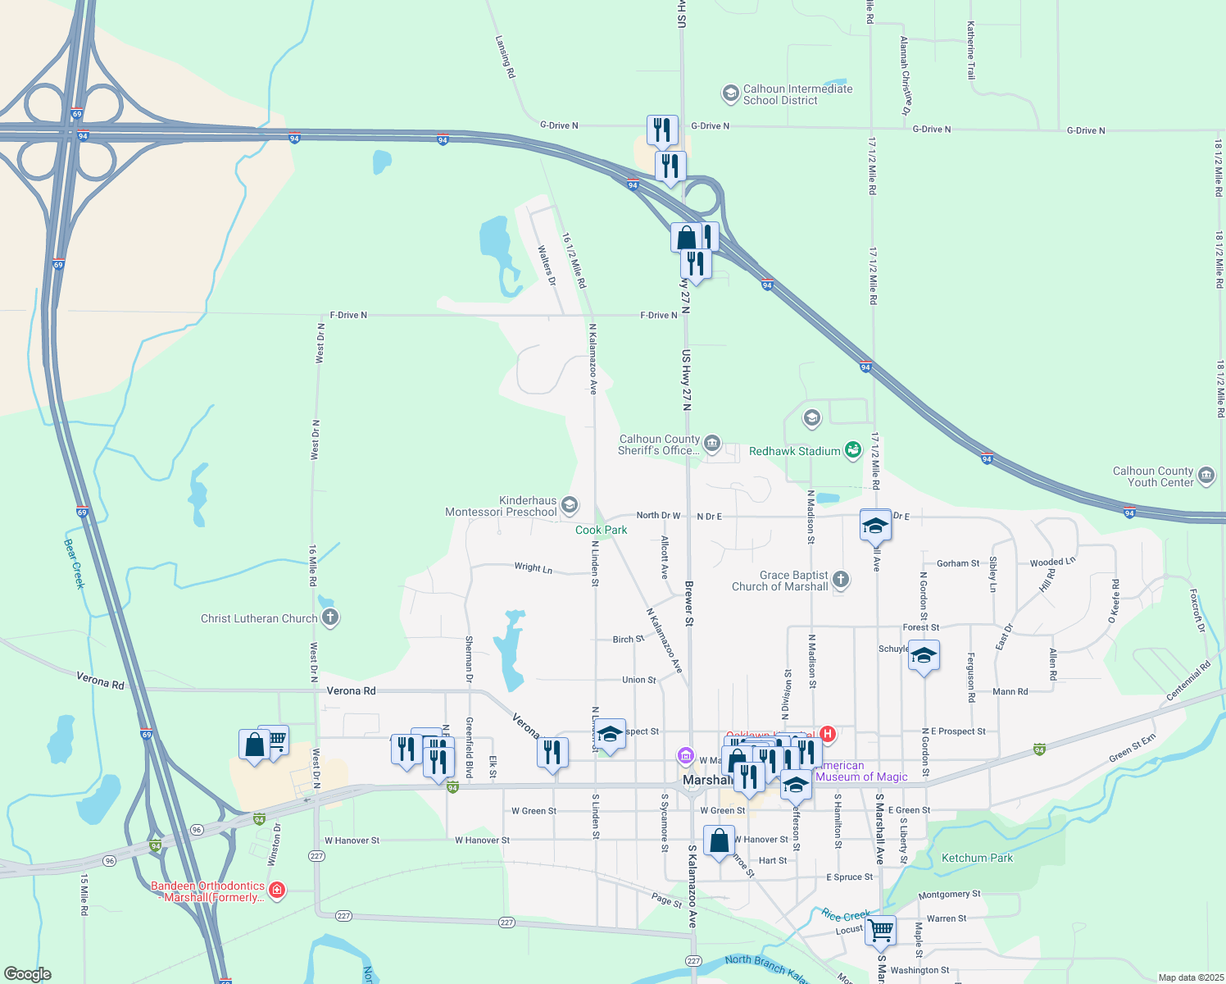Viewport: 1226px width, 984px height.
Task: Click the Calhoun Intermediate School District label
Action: [x=797, y=94]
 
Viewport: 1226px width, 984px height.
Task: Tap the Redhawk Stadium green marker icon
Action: [x=853, y=450]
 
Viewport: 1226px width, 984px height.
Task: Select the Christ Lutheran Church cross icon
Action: [x=330, y=617]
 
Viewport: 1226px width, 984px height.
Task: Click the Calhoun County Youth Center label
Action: [x=1152, y=476]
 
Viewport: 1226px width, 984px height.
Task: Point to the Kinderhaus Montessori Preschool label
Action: [x=501, y=506]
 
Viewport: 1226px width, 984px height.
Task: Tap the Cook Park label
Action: [x=601, y=530]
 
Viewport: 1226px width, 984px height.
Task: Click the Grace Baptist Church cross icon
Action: [x=840, y=580]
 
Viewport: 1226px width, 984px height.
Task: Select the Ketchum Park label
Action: [x=977, y=858]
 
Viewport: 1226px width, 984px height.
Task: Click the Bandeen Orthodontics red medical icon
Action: [x=277, y=891]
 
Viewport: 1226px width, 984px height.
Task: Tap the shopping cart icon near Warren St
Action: [x=880, y=931]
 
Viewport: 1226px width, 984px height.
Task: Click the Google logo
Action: [x=28, y=974]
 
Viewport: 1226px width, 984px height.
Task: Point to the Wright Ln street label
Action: [x=534, y=567]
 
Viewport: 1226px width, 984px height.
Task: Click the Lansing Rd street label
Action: [x=506, y=57]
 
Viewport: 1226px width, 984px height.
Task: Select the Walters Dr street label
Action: [x=547, y=265]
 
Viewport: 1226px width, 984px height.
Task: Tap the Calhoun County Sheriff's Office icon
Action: [x=712, y=444]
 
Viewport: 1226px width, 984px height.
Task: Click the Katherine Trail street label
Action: [x=971, y=50]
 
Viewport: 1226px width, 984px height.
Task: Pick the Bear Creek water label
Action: [x=74, y=563]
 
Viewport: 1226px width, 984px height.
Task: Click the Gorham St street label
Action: [x=958, y=563]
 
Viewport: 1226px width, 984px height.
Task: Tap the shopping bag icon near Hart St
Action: [x=719, y=840]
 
